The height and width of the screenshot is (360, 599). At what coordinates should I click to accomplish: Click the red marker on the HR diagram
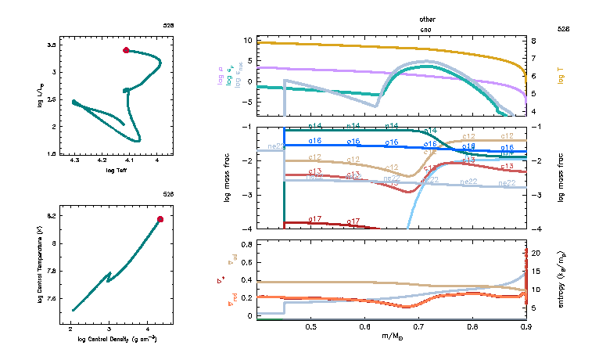[126, 50]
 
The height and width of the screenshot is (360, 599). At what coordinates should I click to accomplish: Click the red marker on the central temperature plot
[160, 219]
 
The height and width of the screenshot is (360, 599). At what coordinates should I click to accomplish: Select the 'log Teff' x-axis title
[115, 170]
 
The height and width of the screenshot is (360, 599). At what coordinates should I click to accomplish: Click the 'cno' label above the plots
[427, 28]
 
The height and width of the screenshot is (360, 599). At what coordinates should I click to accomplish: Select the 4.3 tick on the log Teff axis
[74, 160]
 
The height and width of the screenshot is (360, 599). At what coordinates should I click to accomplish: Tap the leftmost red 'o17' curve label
[315, 219]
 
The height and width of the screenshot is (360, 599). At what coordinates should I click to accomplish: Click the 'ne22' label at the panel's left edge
[275, 146]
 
